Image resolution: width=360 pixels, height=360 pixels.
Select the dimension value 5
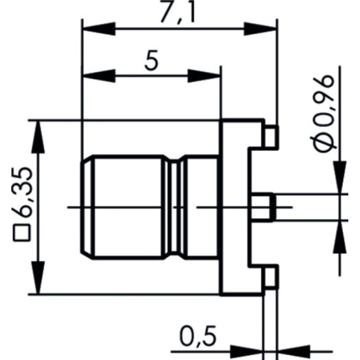[x=152, y=61]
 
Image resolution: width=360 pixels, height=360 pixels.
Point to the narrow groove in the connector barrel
[x=174, y=207]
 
